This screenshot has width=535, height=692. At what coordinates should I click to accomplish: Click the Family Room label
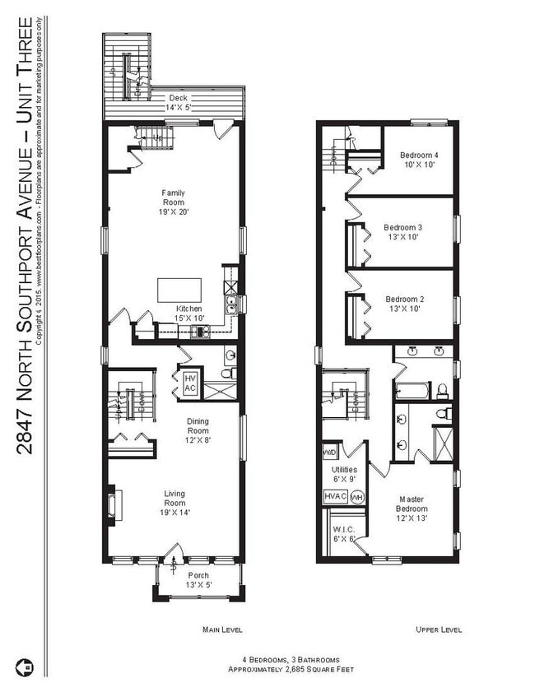pos(173,202)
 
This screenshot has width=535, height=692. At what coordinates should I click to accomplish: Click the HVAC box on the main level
pos(189,383)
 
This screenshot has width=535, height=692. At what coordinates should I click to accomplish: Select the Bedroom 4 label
pos(419,160)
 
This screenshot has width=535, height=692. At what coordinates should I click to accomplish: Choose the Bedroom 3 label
pos(403,232)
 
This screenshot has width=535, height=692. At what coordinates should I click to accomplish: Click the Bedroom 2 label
pos(403,304)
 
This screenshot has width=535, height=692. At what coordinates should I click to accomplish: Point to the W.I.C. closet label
pos(344,534)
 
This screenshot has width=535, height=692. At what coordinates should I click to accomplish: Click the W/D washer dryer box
pos(329,453)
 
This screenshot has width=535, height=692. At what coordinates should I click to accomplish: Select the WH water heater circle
pos(357,498)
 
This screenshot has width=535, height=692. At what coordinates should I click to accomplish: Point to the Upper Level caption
pos(438,629)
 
